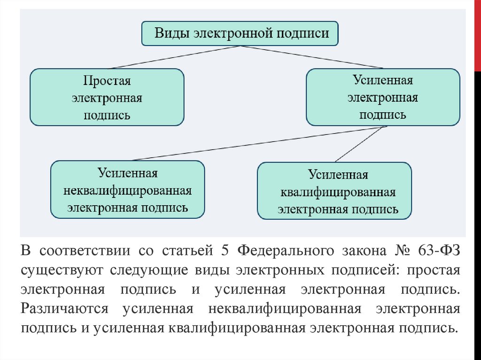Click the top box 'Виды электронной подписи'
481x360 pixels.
[x=240, y=33]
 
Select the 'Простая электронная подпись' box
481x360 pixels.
[x=107, y=97]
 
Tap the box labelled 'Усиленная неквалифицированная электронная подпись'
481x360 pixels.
[x=127, y=190]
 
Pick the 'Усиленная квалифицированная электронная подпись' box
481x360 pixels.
[x=334, y=191]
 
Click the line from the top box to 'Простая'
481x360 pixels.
[x=174, y=57]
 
